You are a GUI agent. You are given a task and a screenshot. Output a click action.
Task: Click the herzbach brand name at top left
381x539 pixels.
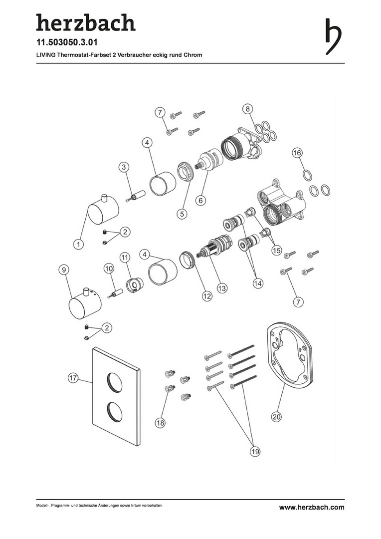86,22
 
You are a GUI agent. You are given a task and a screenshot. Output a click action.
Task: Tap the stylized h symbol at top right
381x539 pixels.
333,36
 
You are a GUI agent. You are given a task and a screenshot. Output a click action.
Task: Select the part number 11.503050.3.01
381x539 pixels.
67,42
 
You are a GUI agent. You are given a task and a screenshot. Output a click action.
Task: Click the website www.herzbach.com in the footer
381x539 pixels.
311,507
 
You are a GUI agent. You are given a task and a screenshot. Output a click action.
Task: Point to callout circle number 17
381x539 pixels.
73,378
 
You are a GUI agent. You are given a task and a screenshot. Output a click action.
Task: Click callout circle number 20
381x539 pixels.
277,417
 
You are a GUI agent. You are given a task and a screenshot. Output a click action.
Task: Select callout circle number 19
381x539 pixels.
255,451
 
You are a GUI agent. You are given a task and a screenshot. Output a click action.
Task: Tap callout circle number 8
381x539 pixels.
247,109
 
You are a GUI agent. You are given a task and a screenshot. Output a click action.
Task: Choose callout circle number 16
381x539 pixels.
297,152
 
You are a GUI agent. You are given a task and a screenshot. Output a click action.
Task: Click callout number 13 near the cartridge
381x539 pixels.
222,288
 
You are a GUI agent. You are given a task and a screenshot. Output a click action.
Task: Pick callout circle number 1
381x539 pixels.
79,244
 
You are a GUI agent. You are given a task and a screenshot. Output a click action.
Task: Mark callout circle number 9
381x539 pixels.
63,270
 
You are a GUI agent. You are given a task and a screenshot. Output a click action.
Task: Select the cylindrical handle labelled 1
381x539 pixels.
103,209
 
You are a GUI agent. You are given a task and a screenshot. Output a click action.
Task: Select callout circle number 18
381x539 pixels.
160,423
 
